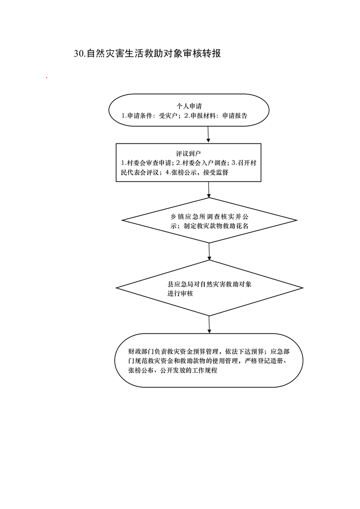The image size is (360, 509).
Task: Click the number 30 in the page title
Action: (x=79, y=54)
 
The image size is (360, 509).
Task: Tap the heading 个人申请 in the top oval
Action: (x=189, y=106)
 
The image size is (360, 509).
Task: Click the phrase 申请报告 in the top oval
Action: (x=235, y=116)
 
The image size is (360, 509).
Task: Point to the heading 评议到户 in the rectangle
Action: (x=189, y=153)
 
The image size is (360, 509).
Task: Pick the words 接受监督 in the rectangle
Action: (x=216, y=172)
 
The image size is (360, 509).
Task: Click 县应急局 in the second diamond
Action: (x=180, y=284)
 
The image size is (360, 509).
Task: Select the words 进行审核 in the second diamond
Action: (x=180, y=294)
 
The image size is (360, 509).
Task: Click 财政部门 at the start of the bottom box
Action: (x=141, y=352)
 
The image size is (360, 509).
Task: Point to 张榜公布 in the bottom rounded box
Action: (x=141, y=370)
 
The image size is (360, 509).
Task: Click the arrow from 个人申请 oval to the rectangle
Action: (x=208, y=134)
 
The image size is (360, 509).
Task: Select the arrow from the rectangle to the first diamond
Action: (x=209, y=190)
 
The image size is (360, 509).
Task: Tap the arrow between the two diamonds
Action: (x=209, y=251)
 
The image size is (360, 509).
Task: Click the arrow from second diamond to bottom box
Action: (x=209, y=324)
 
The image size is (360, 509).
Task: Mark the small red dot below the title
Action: (x=47, y=78)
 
